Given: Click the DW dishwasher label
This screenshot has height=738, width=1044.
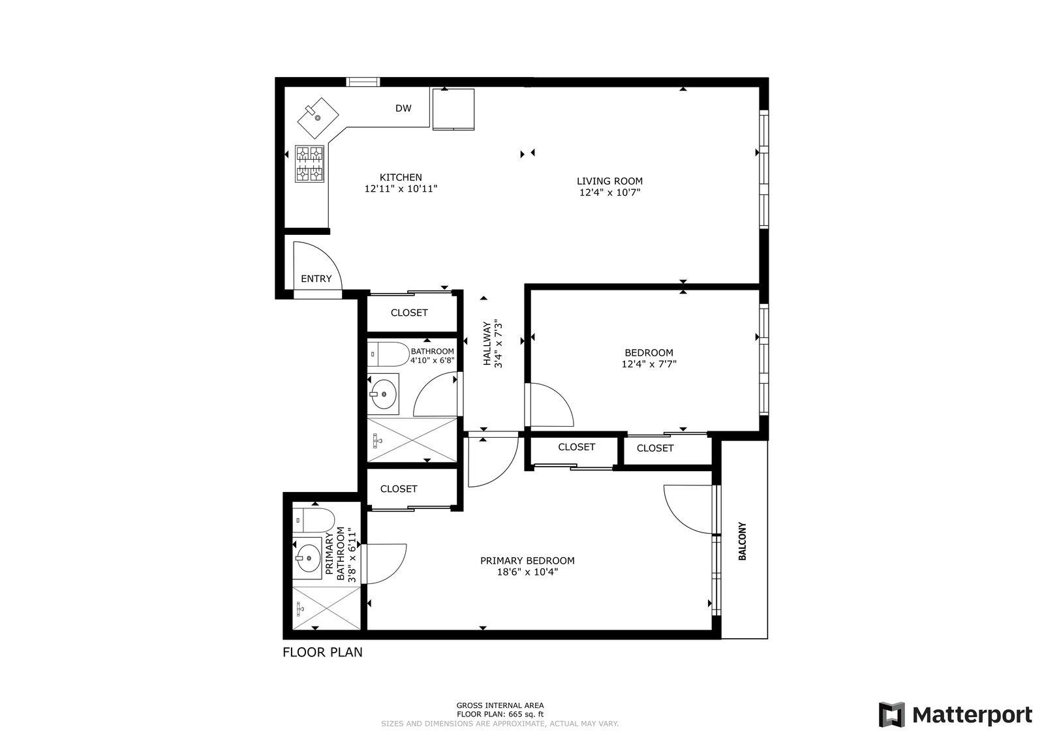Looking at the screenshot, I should pos(403,108).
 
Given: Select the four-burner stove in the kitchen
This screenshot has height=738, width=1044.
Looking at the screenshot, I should pos(310,163).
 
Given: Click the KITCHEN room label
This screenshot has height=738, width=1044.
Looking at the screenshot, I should pos(401,177).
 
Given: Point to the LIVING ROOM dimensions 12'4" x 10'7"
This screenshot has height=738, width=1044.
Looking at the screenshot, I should pos(609,192).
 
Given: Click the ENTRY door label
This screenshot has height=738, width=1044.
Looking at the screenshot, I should pos(316,279).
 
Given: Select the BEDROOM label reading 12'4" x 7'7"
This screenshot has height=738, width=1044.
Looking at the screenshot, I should pos(649,364).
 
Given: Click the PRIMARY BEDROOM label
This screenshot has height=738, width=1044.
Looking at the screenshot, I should pos(527,561).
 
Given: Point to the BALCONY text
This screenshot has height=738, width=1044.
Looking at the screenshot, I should pos(742,541).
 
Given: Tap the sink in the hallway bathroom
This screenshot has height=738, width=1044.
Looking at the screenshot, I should pos(382,394).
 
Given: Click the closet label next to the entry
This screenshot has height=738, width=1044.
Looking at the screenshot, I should pos(409,313).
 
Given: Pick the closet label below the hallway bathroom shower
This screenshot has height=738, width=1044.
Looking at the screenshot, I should pos(399,489).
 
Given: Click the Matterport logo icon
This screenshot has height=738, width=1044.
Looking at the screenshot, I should pos(892,715).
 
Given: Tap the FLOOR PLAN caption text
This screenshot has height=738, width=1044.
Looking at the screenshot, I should pos(322,652).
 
